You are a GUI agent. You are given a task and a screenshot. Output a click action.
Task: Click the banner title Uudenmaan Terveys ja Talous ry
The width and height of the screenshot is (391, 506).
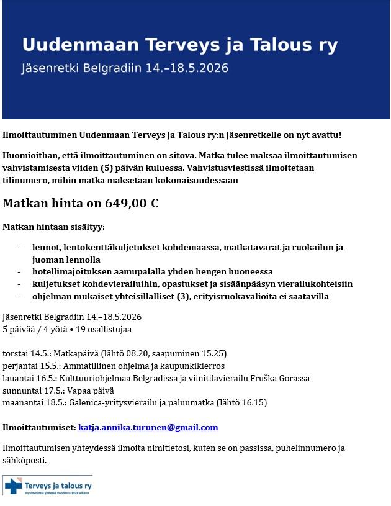click(x=180, y=45)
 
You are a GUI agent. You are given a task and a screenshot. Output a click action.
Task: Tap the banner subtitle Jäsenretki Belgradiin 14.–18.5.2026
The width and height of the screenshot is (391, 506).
click(x=125, y=68)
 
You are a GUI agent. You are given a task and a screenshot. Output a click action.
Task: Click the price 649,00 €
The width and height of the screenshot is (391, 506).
click(x=132, y=203)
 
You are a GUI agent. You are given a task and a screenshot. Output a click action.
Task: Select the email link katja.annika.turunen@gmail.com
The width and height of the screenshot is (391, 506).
click(x=148, y=427)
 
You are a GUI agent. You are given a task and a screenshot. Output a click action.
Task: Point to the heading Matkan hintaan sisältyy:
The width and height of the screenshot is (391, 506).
click(x=54, y=227)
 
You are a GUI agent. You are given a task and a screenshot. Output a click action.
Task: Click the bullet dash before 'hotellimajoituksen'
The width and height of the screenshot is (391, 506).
click(x=19, y=272)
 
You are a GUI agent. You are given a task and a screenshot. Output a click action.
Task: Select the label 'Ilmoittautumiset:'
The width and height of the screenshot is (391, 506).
click(x=39, y=427)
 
